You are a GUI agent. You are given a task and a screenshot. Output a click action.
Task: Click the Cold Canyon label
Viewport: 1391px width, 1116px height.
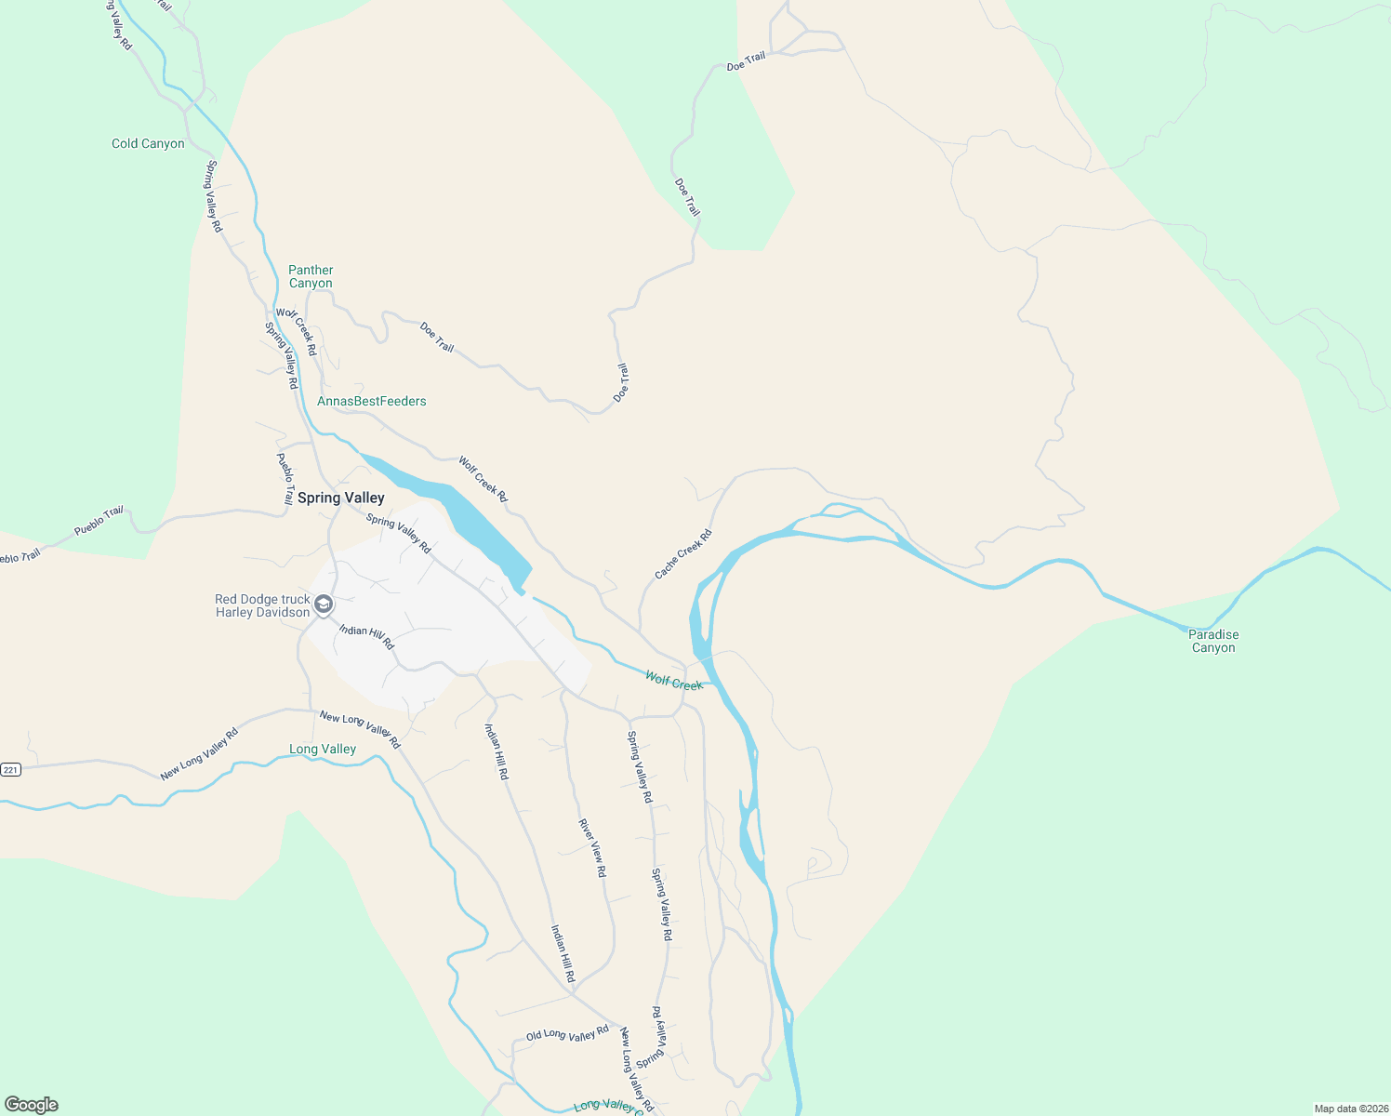coord(148,143)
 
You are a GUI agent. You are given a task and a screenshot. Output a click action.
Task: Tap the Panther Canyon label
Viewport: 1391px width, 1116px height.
coord(311,276)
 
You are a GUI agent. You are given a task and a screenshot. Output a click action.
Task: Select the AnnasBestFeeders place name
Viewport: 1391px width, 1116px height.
coord(372,401)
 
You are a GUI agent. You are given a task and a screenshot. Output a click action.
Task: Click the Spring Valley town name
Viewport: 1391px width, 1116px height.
coord(340,498)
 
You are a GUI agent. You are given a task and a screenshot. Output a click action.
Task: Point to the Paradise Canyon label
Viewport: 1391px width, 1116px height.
coord(1213,641)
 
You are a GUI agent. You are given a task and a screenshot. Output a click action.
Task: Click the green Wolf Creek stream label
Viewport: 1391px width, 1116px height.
coord(674,682)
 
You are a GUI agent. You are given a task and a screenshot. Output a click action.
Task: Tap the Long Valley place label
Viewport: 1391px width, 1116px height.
coord(323,749)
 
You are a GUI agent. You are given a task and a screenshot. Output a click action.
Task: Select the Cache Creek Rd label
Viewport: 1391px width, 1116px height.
coord(682,554)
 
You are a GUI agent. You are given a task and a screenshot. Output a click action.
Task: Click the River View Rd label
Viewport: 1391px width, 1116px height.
coord(592,847)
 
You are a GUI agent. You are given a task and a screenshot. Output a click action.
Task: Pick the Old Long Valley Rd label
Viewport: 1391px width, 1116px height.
coord(567,1033)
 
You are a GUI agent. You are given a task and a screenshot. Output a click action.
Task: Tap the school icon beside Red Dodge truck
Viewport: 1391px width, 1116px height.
coord(324,605)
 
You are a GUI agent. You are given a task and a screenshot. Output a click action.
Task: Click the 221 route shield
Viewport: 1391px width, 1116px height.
coord(10,769)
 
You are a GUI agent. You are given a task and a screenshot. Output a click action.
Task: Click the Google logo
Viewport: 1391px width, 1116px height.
coord(32,1105)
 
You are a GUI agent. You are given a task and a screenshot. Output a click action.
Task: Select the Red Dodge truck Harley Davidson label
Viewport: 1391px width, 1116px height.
coord(262,606)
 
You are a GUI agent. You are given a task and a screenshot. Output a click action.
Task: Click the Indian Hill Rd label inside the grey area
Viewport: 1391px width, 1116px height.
coord(366,637)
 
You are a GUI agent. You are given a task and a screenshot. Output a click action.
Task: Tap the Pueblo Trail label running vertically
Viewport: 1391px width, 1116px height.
coord(285,478)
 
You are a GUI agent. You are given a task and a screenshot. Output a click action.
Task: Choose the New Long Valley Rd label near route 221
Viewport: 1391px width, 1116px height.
coord(199,754)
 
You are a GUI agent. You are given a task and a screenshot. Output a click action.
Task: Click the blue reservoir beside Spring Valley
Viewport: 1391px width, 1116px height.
coord(465,516)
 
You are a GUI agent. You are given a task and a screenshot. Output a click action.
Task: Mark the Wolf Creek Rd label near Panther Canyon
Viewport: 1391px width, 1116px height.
coord(298,332)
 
